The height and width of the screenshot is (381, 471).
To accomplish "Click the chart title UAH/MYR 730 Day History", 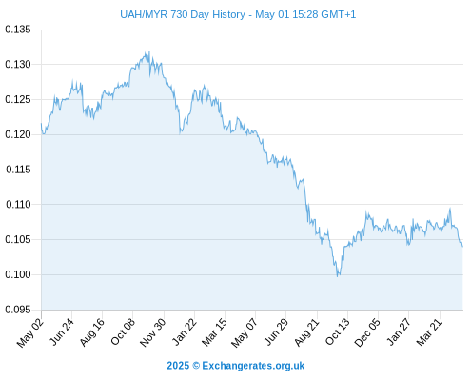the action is coord(183,14).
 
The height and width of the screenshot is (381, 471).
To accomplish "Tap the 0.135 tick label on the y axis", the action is coord(18,30).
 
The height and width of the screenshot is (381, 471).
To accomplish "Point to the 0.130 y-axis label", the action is coord(18,65).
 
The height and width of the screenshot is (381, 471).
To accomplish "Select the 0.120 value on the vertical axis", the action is coord(18,134).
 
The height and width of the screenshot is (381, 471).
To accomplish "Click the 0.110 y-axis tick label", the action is coord(18,205).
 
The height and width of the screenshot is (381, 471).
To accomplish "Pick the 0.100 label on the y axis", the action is coord(18,274).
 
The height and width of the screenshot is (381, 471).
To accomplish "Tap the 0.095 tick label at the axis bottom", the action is coord(18,310).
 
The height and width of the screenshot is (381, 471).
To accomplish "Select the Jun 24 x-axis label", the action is coord(62,332).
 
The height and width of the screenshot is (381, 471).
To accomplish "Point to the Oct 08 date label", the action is coord(123,332).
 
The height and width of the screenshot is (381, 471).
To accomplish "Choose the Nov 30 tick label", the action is coord(152,332).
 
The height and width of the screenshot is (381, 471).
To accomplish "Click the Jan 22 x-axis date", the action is coord(185,332).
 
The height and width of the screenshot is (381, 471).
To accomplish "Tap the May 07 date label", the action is coord(244,332).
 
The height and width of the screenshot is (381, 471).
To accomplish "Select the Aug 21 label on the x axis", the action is coord(306,332).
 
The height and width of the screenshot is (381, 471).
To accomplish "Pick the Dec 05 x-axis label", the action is coord(366,332).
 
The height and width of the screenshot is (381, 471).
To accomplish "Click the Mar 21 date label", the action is coord(429,332).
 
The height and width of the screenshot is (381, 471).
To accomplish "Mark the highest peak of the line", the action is coord(149,52).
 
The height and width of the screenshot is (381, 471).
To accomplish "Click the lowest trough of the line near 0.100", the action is coord(338,276).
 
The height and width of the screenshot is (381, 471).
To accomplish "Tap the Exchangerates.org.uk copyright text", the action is coord(236,366).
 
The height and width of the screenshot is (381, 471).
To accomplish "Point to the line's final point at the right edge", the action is coord(462,247).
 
